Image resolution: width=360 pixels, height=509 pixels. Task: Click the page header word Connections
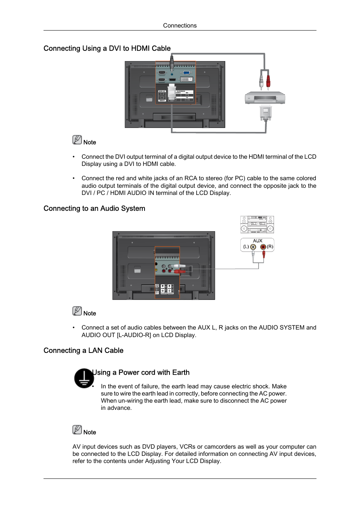point(180,26)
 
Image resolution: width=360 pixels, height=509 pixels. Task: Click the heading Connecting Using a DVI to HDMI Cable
point(107,48)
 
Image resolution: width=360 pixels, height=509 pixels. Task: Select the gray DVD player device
point(265,98)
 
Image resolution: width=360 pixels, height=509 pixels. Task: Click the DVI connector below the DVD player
point(266,113)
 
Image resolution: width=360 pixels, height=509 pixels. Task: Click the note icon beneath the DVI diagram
point(77,140)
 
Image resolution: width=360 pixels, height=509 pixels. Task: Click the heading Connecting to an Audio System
point(94,209)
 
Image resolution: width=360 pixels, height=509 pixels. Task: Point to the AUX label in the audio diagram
point(257,241)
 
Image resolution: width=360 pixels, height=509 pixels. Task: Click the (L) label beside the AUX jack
point(246,247)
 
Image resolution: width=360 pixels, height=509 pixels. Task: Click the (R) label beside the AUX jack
point(270,247)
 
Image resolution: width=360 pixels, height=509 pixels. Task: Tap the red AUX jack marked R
point(263,247)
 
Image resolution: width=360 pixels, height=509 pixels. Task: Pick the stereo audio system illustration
point(257,224)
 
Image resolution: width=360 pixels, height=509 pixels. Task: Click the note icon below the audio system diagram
point(77,311)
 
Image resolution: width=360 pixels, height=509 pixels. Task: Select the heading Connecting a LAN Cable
point(83,351)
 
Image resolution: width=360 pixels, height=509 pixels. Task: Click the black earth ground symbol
point(84,378)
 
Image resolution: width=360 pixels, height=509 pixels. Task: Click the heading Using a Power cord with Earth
point(141,373)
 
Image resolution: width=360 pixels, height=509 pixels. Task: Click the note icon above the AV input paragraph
point(77,430)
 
